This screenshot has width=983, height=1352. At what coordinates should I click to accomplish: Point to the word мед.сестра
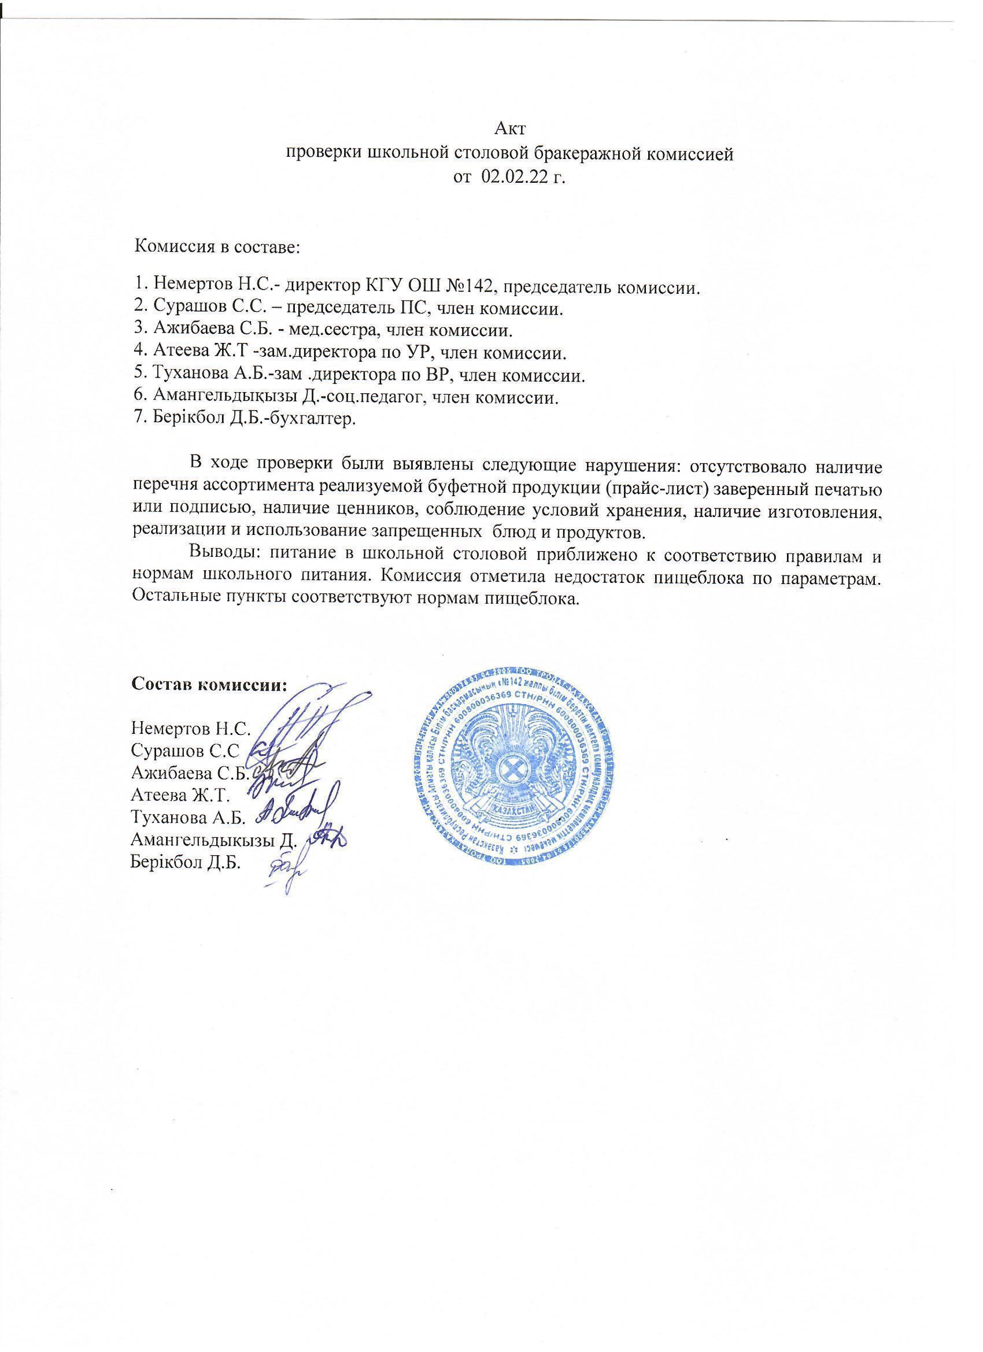[339, 330]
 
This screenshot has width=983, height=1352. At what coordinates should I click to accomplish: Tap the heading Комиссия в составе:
[217, 246]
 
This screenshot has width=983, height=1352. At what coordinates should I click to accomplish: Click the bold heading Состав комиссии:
[209, 684]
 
